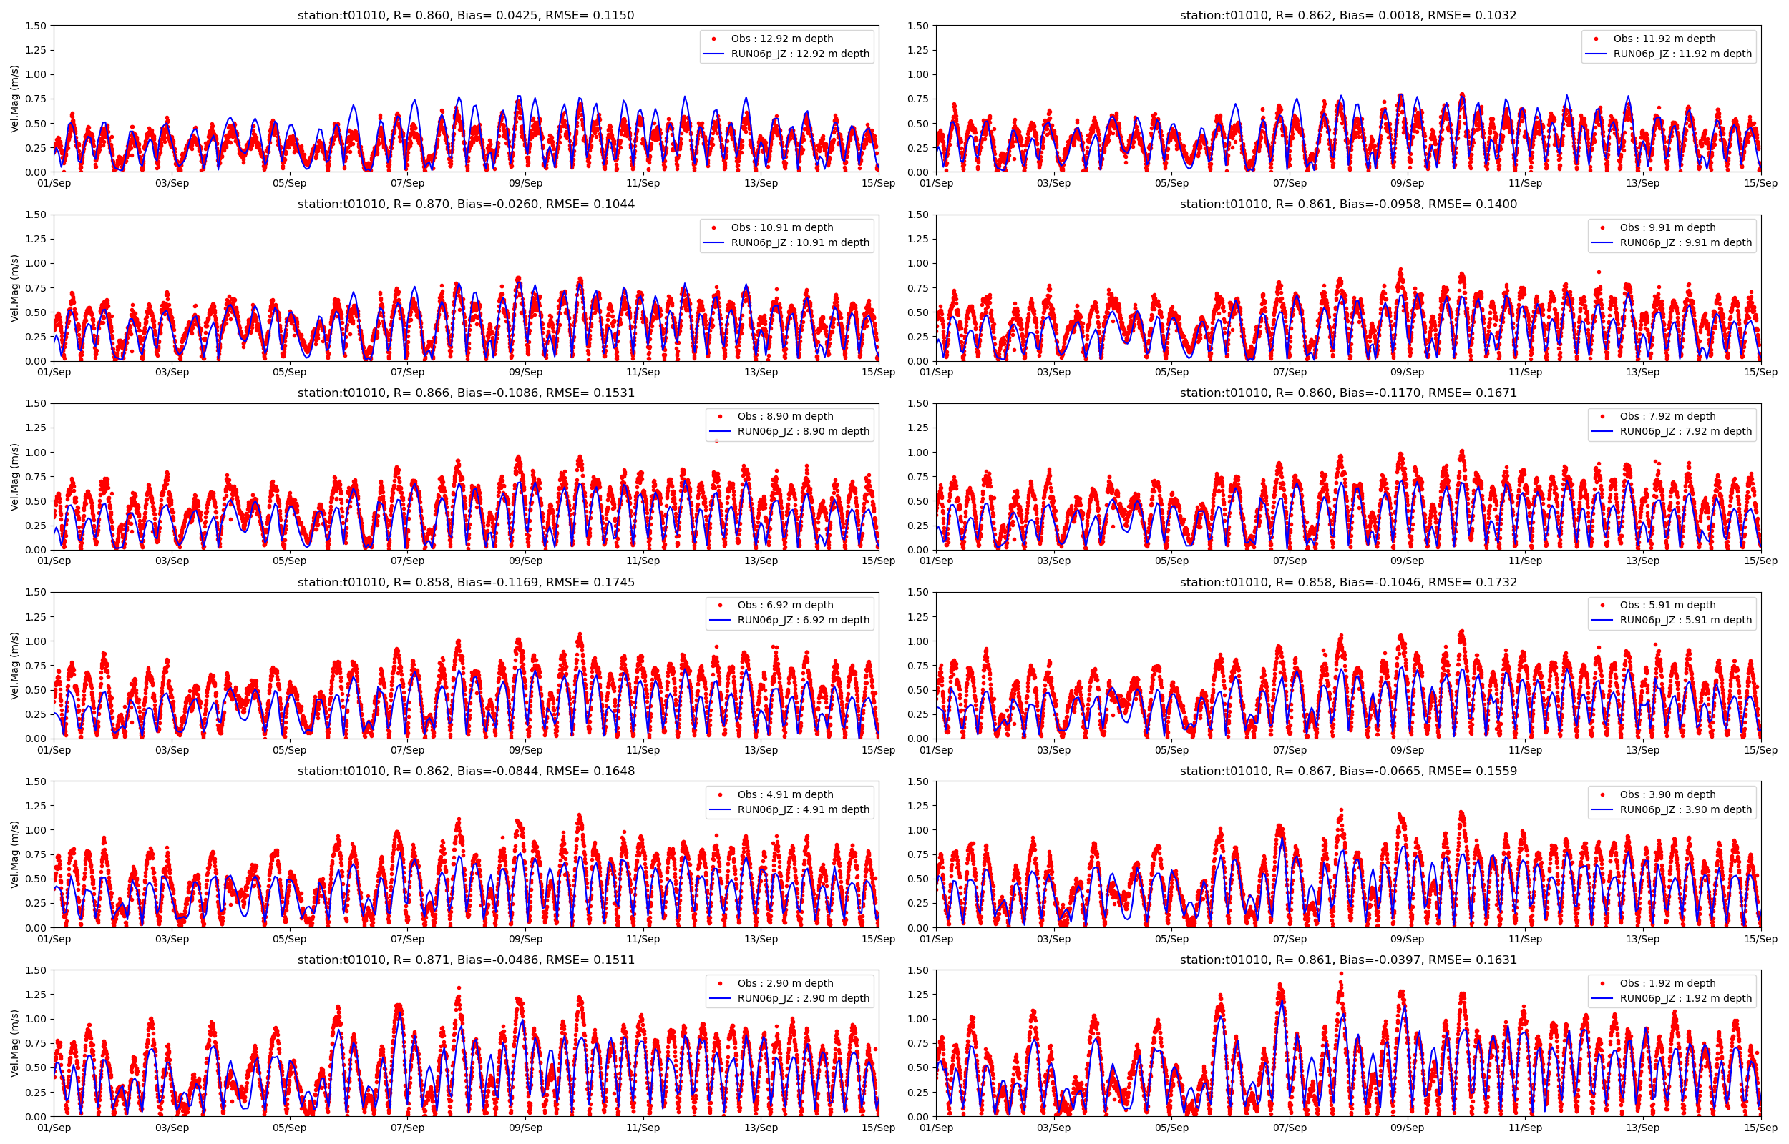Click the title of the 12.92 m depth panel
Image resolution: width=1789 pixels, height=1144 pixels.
pos(465,15)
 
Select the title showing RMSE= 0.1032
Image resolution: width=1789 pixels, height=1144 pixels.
pos(1347,15)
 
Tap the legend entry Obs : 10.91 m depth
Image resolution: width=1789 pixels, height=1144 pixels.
pos(781,227)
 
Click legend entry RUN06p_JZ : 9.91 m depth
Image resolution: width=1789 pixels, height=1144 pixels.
pos(1685,242)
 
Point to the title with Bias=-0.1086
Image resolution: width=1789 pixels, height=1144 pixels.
pos(465,393)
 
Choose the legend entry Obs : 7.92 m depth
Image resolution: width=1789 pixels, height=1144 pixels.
pos(1667,416)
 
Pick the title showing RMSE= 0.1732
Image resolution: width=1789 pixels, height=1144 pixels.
pos(1347,583)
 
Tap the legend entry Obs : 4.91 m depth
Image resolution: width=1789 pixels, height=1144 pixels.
pos(785,794)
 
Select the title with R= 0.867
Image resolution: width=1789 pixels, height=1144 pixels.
pos(1347,771)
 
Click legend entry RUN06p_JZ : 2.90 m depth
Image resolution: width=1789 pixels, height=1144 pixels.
pos(803,998)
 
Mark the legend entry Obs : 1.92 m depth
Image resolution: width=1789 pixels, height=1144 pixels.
pos(1667,984)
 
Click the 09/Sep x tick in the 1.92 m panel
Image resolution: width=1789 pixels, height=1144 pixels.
pos(1407,1128)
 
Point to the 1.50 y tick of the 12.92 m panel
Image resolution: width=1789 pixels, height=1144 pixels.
pos(36,26)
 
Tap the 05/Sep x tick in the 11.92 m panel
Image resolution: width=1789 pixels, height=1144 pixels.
pos(1171,184)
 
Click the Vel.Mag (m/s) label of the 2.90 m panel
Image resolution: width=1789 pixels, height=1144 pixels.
pos(15,1043)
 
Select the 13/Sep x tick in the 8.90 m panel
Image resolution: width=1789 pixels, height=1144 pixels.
pos(761,561)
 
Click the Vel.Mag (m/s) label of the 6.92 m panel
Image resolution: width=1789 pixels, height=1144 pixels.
pos(15,666)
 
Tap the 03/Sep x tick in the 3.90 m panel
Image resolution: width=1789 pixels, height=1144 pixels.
pos(1053,939)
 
